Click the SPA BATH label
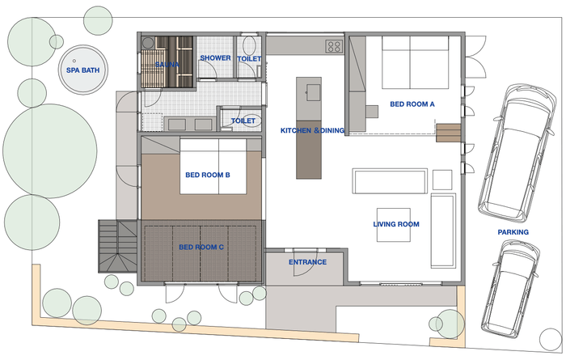pyautogui.click(x=82, y=70)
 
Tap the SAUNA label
pyautogui.click(x=167, y=65)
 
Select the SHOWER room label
pyautogui.click(x=216, y=57)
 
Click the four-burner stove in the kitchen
pyautogui.click(x=334, y=46)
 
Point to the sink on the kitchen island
pyautogui.click(x=313, y=93)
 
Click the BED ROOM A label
pyautogui.click(x=412, y=104)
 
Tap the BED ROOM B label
pyautogui.click(x=208, y=175)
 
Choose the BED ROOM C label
pyautogui.click(x=201, y=248)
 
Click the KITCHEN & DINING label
pyautogui.click(x=313, y=130)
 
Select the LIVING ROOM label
pyautogui.click(x=396, y=224)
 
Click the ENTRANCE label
pyautogui.click(x=307, y=262)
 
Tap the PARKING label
pyautogui.click(x=513, y=232)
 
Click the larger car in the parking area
pyautogui.click(x=517, y=152)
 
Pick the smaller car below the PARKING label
pyautogui.click(x=511, y=289)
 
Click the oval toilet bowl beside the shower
pyautogui.click(x=249, y=44)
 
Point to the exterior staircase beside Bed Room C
pyautogui.click(x=118, y=246)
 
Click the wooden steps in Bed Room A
pyautogui.click(x=448, y=133)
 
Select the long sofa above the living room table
pyautogui.click(x=390, y=181)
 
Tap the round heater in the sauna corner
pyautogui.click(x=148, y=43)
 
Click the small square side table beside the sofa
pyautogui.click(x=442, y=180)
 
